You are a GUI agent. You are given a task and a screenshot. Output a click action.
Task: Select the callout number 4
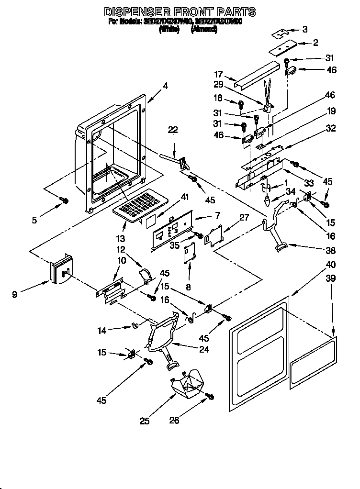(165, 86)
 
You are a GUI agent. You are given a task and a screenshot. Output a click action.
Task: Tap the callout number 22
(173, 129)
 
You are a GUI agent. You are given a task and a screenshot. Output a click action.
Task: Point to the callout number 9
(15, 295)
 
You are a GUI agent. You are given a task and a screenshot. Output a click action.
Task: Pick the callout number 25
(145, 421)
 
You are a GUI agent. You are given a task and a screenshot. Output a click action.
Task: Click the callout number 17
(218, 74)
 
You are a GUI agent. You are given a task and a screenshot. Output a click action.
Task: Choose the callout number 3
(305, 30)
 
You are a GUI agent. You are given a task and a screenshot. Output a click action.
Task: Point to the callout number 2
(315, 43)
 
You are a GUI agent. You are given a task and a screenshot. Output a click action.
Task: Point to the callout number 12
(120, 249)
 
